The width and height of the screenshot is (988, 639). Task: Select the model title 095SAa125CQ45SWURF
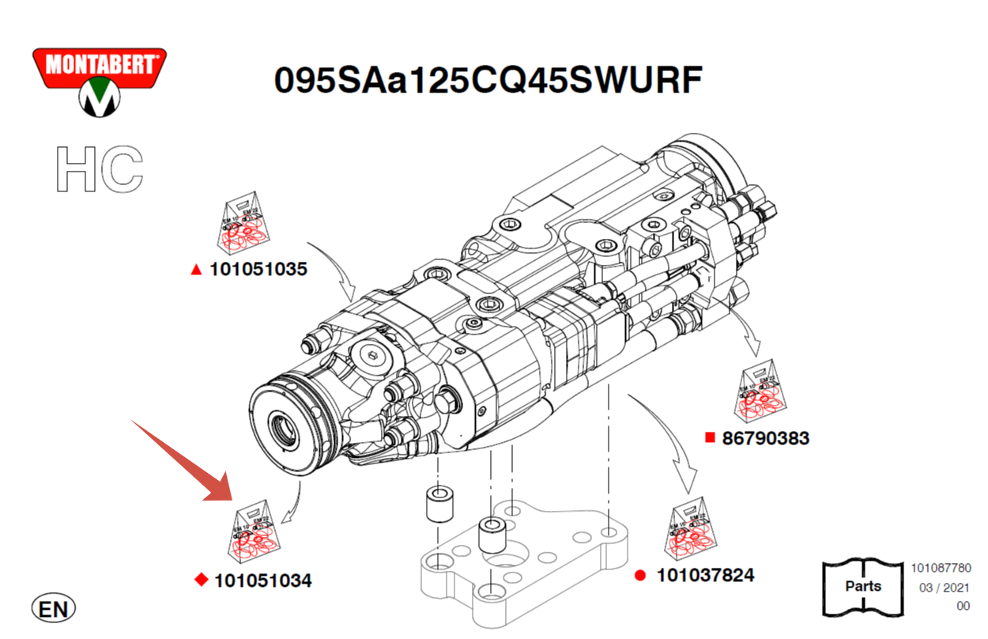(488, 81)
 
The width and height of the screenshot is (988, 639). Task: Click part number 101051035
(258, 270)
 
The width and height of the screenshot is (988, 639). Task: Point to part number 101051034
(262, 581)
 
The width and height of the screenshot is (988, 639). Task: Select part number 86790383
(765, 437)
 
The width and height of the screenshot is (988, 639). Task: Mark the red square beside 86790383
(710, 437)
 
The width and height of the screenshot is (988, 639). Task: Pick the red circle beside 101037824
(640, 576)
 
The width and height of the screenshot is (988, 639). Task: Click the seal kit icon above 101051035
(243, 224)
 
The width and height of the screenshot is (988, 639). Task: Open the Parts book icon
(862, 586)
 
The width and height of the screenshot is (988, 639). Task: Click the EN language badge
(54, 609)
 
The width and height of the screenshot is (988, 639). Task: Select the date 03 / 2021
(945, 588)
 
